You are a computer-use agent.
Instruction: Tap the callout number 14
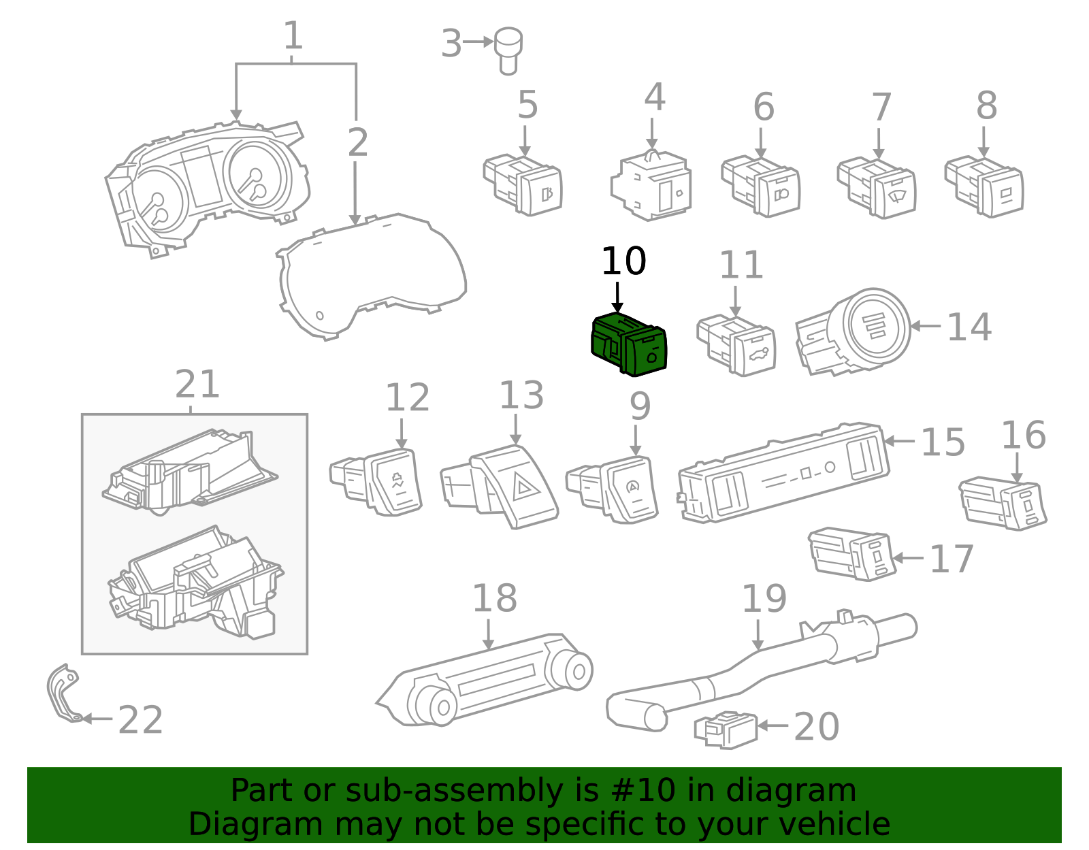969,327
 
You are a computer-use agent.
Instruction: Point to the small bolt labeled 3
508,49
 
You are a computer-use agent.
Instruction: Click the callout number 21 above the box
197,385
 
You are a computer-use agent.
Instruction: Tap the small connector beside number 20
726,730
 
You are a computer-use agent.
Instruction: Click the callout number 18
494,599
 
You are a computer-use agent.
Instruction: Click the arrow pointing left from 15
898,441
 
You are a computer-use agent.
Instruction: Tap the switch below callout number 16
1005,504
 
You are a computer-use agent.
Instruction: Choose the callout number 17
951,559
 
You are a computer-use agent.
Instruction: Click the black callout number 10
623,261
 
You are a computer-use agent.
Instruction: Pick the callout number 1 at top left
293,36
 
